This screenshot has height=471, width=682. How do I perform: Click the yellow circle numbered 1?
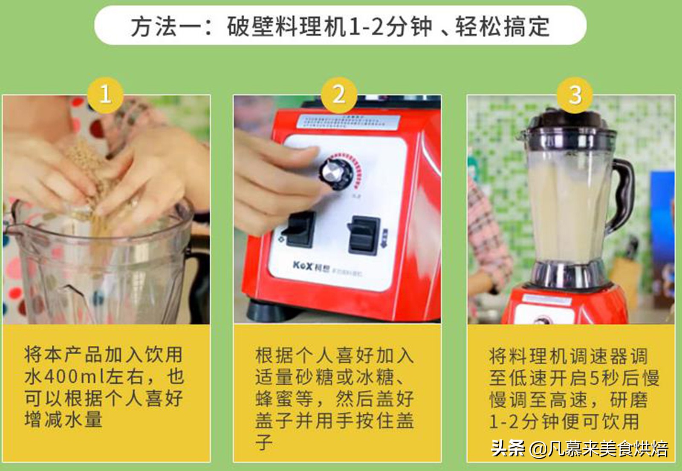105,94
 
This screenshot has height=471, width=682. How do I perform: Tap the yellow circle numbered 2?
339,94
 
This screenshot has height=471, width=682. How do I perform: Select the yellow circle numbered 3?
575,94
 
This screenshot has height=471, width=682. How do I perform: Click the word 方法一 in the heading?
165,27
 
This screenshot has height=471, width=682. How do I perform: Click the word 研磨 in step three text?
629,400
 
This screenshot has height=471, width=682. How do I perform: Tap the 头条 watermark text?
508,448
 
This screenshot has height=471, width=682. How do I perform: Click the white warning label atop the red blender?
347,121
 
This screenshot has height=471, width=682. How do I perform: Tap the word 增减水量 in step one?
64,420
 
